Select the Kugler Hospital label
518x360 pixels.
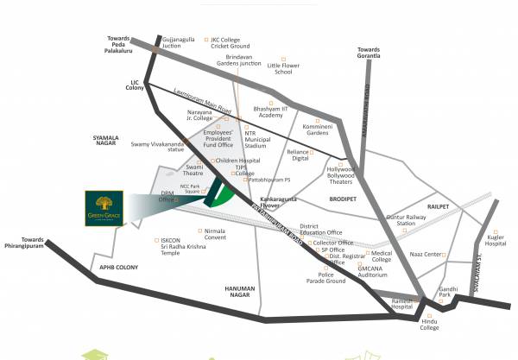496,239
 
